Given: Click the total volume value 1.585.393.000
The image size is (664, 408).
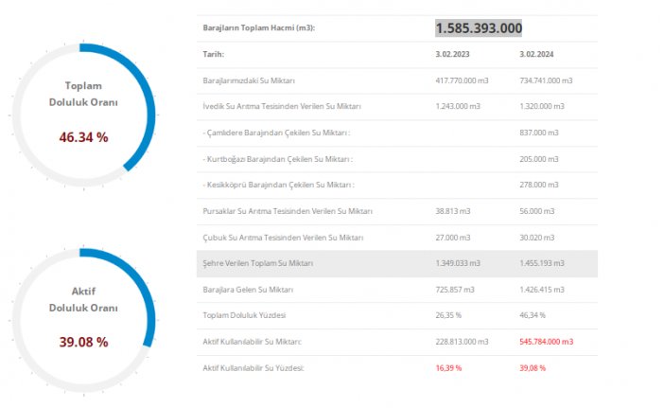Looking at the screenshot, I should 479,28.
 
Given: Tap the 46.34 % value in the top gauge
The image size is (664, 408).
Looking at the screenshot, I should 83,137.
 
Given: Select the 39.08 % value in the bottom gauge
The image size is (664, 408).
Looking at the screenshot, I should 83,342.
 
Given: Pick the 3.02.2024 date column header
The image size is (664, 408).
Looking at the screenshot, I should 538,55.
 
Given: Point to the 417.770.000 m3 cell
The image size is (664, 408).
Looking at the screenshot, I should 463,80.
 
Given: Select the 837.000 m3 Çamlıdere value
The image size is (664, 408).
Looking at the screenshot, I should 539,133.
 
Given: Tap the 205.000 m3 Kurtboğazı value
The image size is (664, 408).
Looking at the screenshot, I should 539,159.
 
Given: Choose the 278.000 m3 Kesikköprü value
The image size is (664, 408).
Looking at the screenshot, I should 539,185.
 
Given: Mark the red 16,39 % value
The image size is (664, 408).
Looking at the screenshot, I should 448,367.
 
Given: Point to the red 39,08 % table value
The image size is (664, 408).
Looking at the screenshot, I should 533,367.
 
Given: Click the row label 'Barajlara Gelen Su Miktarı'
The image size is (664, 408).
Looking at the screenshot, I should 248,289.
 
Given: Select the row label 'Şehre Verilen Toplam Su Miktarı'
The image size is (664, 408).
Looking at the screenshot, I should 258,263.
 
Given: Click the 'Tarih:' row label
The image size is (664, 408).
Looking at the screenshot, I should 213,55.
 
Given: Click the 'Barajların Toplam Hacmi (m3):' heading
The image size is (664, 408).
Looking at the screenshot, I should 258,28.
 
